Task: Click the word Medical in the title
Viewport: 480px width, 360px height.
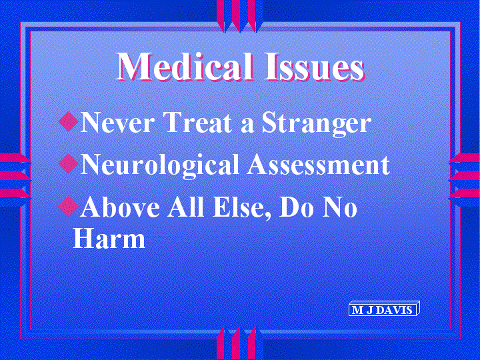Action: pyautogui.click(x=185, y=67)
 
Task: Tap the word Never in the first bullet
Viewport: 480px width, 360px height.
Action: pyautogui.click(x=116, y=122)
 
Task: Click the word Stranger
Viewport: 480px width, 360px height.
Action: pyautogui.click(x=316, y=124)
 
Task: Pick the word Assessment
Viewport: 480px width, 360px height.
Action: pyautogui.click(x=319, y=164)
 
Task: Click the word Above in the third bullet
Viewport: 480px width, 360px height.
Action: pyautogui.click(x=120, y=206)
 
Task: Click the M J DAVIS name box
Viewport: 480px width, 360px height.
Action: pyautogui.click(x=384, y=309)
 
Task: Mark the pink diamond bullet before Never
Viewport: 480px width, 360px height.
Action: pyautogui.click(x=68, y=121)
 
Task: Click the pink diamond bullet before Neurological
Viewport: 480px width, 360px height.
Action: pyautogui.click(x=68, y=163)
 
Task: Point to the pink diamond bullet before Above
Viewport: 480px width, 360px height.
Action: pyautogui.click(x=68, y=206)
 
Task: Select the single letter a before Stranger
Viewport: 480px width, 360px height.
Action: pyautogui.click(x=247, y=125)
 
